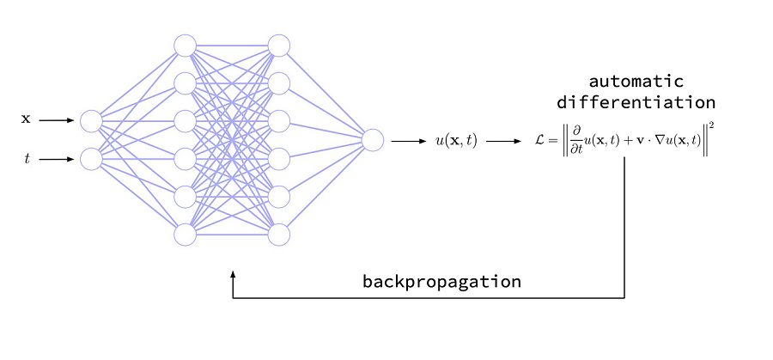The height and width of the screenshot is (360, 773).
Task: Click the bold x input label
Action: (x=26, y=120)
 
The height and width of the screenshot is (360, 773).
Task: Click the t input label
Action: (x=27, y=160)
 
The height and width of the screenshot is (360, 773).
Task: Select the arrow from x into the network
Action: (x=57, y=121)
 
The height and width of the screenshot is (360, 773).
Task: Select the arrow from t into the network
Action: (x=57, y=160)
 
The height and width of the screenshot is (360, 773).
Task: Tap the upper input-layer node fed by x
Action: (x=91, y=121)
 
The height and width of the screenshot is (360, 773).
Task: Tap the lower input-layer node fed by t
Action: (x=91, y=159)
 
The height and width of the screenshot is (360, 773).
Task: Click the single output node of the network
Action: (x=373, y=140)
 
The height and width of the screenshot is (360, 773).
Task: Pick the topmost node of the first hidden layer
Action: (x=185, y=45)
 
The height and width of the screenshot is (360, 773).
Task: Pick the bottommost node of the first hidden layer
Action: (x=185, y=234)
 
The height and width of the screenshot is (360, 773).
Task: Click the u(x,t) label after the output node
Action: (x=454, y=141)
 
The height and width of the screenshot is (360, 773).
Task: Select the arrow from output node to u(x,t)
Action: (x=409, y=141)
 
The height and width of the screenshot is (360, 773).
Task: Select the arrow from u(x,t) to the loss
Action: (x=502, y=141)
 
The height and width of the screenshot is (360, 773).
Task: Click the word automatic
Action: (x=636, y=82)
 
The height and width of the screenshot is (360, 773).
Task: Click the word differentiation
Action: (x=636, y=102)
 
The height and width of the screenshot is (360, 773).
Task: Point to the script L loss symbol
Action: (x=540, y=141)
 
